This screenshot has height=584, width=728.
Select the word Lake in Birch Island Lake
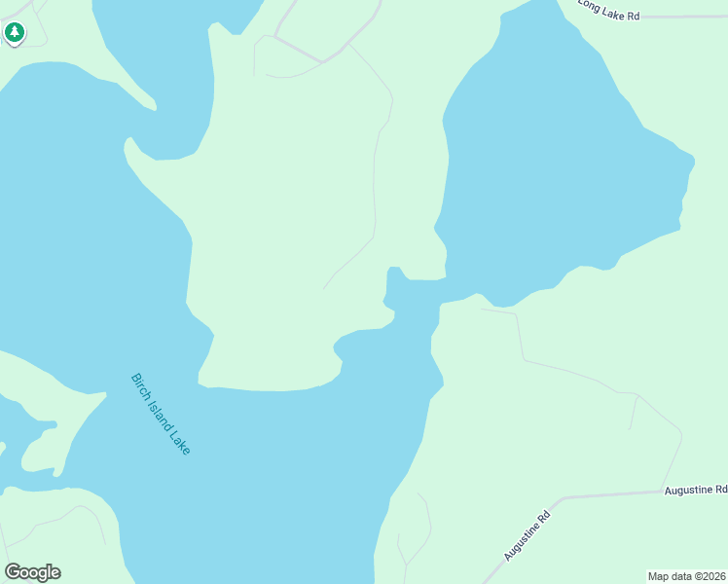click(179, 441)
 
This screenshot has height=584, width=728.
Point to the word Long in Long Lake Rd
click(590, 5)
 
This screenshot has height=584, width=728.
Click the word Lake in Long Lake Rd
click(614, 12)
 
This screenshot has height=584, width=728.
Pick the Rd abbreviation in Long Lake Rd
click(633, 17)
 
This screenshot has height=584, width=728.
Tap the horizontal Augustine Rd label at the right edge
click(696, 490)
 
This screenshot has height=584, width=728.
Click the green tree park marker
click(14, 33)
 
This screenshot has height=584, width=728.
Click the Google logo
click(32, 572)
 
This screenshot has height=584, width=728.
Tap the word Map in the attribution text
click(660, 576)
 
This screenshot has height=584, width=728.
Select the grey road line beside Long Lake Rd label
click(681, 17)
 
